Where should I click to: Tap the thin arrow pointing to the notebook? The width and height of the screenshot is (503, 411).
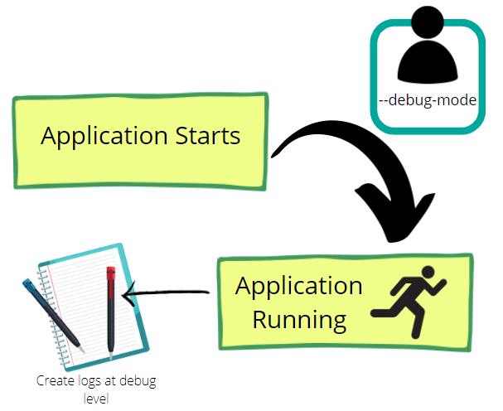point(166,293)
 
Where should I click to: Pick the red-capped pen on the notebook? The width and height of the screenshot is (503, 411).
point(110,311)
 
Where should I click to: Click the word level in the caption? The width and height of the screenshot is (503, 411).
point(96,398)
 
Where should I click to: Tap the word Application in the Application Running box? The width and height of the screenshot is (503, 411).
point(298,287)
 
